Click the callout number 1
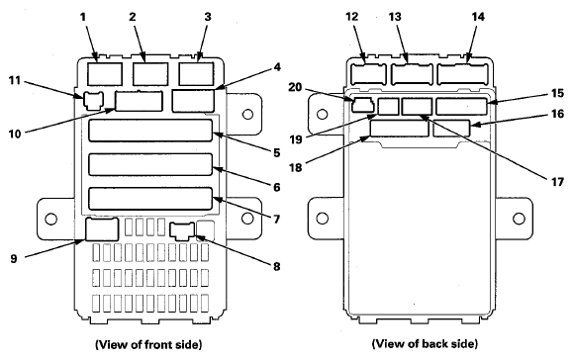tap(83, 17)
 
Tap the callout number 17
tap(557, 181)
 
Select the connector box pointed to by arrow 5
tap(150, 131)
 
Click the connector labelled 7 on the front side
tap(150, 199)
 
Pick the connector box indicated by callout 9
tap(102, 229)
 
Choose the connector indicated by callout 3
tap(197, 74)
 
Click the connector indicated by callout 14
tap(462, 74)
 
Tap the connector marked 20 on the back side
tap(362, 105)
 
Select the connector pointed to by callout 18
tap(399, 129)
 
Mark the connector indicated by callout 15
tap(461, 106)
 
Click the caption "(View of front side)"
tap(148, 344)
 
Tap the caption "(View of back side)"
tap(425, 343)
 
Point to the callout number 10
tap(15, 134)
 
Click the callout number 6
tap(277, 187)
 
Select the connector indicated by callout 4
tap(193, 101)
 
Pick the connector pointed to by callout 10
tap(139, 101)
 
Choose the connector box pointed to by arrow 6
tap(150, 164)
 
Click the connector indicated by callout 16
tap(451, 129)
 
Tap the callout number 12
tap(352, 17)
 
